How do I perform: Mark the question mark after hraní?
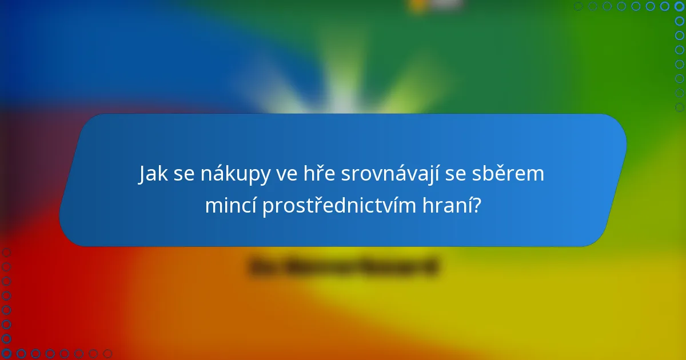point(477,206)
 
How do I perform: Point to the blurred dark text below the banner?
point(344,267)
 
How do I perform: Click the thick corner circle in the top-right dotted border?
point(679,6)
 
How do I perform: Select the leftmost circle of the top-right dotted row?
point(578,6)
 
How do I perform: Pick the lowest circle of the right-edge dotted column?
point(679,107)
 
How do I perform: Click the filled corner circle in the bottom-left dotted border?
point(6,354)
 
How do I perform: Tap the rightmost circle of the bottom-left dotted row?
point(107,354)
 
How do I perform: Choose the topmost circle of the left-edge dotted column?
point(6,253)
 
